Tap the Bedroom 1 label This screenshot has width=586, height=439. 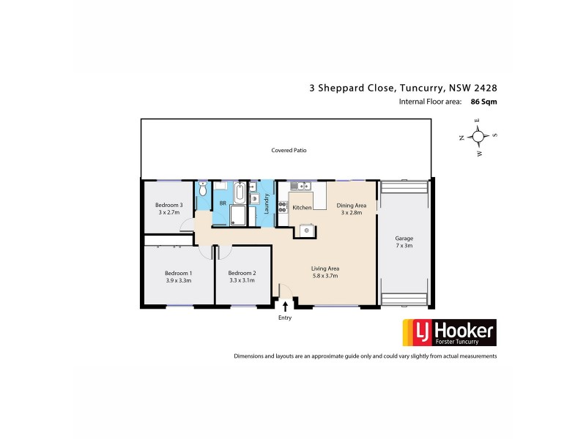pos(178,272)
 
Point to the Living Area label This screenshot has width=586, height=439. pos(324,269)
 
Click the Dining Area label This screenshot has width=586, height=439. pos(351,206)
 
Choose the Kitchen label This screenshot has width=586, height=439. pos(302,208)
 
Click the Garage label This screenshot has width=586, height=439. pos(404,239)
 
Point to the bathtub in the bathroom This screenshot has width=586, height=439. pos(240,194)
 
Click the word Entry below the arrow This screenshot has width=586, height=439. pos(285,318)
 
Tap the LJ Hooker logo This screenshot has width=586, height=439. pos(446,333)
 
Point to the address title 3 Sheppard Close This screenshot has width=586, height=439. pos(352,87)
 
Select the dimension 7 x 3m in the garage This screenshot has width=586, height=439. pos(404,246)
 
